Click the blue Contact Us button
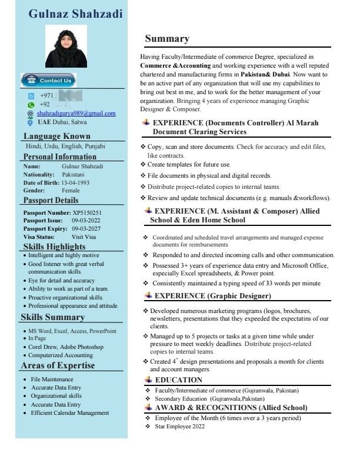[x=49, y=80]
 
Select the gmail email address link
[x=76, y=113]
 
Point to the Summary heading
[x=167, y=39]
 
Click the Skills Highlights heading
[x=54, y=247]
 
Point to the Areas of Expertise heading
[x=58, y=365]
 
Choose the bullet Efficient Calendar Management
[x=69, y=413]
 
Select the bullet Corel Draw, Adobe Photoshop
[x=65, y=347]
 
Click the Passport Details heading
[x=51, y=200]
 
